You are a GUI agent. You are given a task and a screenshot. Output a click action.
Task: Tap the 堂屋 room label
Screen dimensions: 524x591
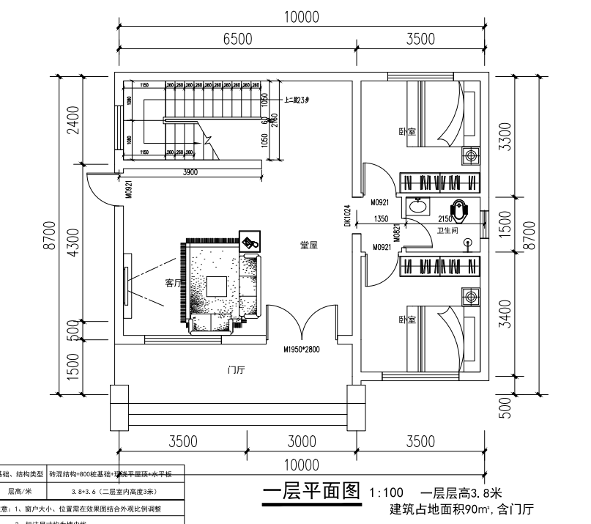308,246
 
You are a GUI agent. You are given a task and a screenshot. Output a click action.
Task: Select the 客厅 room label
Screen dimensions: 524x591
173,283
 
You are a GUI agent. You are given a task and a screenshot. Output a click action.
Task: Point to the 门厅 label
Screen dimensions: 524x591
237,370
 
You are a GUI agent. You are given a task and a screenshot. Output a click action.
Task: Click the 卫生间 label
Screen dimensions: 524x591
447,230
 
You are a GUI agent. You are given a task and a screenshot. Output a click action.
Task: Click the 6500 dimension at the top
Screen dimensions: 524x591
237,40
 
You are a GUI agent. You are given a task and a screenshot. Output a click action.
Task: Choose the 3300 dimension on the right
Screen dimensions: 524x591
503,135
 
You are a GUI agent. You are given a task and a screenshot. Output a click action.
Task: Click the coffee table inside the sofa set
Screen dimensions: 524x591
216,285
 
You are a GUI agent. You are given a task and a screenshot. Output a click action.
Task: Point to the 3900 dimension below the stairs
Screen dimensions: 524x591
190,172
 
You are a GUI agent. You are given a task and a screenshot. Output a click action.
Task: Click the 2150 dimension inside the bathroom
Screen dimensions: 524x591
445,218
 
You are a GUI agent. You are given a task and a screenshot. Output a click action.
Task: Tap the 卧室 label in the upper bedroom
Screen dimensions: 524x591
407,132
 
